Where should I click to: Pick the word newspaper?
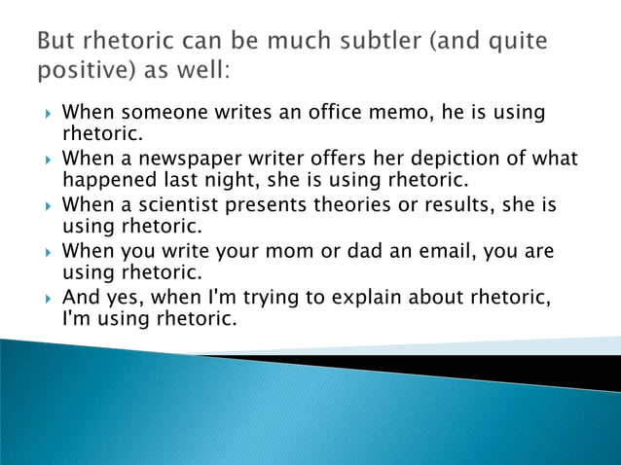tap(183, 158)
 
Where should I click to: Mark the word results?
tap(449, 205)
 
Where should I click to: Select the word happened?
tap(107, 179)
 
